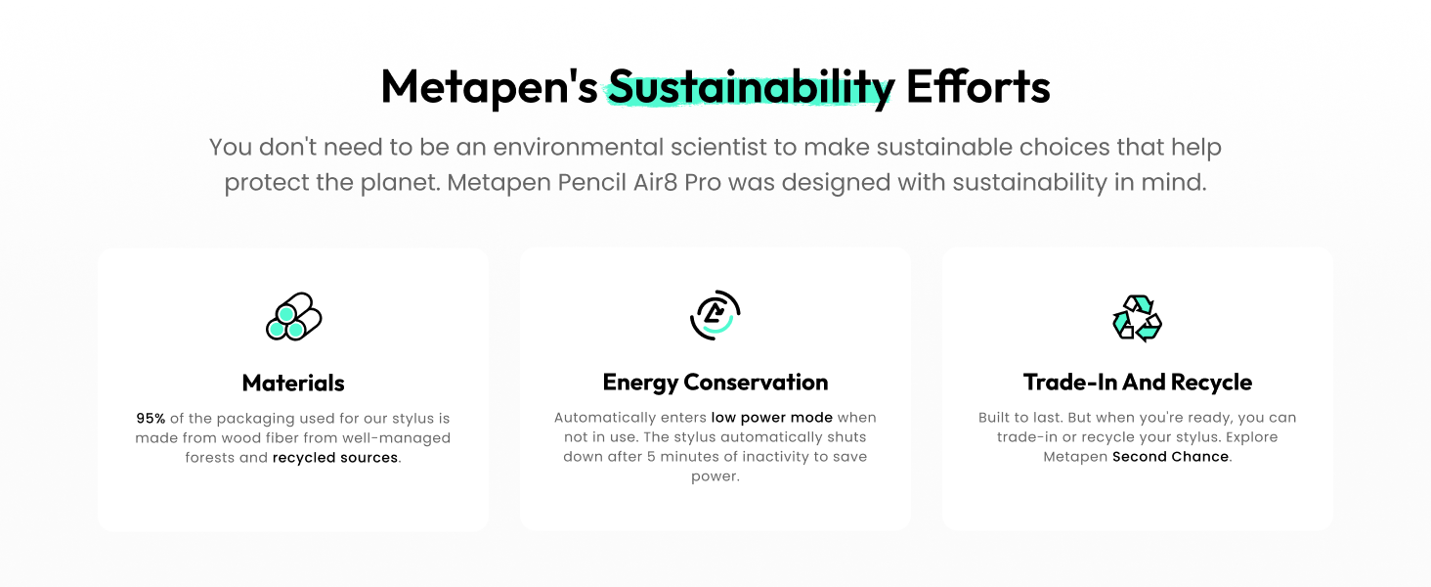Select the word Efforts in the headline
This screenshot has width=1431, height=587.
pyautogui.click(x=978, y=86)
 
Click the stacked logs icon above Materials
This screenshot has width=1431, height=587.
pyautogui.click(x=294, y=317)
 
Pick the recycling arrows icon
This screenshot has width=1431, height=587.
pyautogui.click(x=1137, y=318)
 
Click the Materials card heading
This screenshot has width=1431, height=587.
pyautogui.click(x=293, y=384)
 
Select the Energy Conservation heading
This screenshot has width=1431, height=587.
pyautogui.click(x=715, y=383)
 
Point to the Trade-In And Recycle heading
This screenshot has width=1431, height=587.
pyautogui.click(x=1138, y=383)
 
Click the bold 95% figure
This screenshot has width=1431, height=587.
pyautogui.click(x=151, y=418)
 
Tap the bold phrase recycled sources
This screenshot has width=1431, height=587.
pyautogui.click(x=335, y=458)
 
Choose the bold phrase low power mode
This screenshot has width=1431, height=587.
pyautogui.click(x=772, y=418)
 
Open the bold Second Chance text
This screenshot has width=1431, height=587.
pyautogui.click(x=1170, y=457)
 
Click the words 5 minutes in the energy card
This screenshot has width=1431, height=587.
pyautogui.click(x=683, y=457)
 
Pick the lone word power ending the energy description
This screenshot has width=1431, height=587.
pyautogui.click(x=715, y=477)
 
